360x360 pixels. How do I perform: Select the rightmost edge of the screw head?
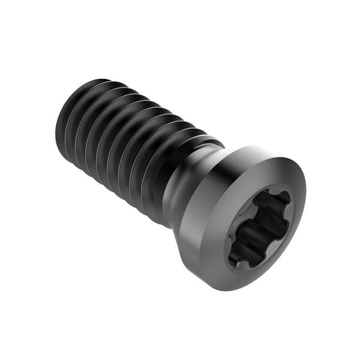click(305, 198)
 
